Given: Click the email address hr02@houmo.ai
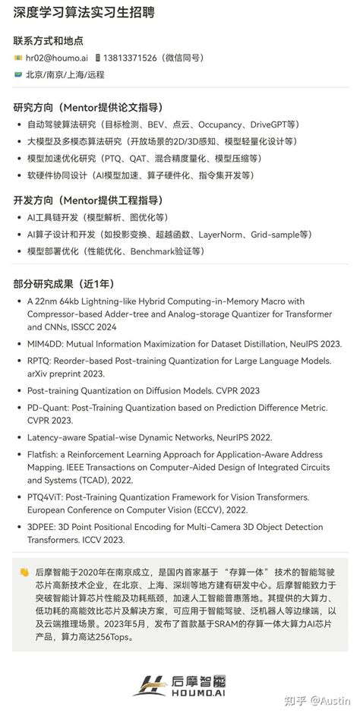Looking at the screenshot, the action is (x=56, y=58).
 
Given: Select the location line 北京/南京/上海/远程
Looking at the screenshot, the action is (x=65, y=74).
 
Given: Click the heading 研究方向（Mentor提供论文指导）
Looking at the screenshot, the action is (x=88, y=107).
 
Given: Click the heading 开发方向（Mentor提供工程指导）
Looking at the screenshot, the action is (x=88, y=200).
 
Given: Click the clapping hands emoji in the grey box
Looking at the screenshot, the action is (x=24, y=572).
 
